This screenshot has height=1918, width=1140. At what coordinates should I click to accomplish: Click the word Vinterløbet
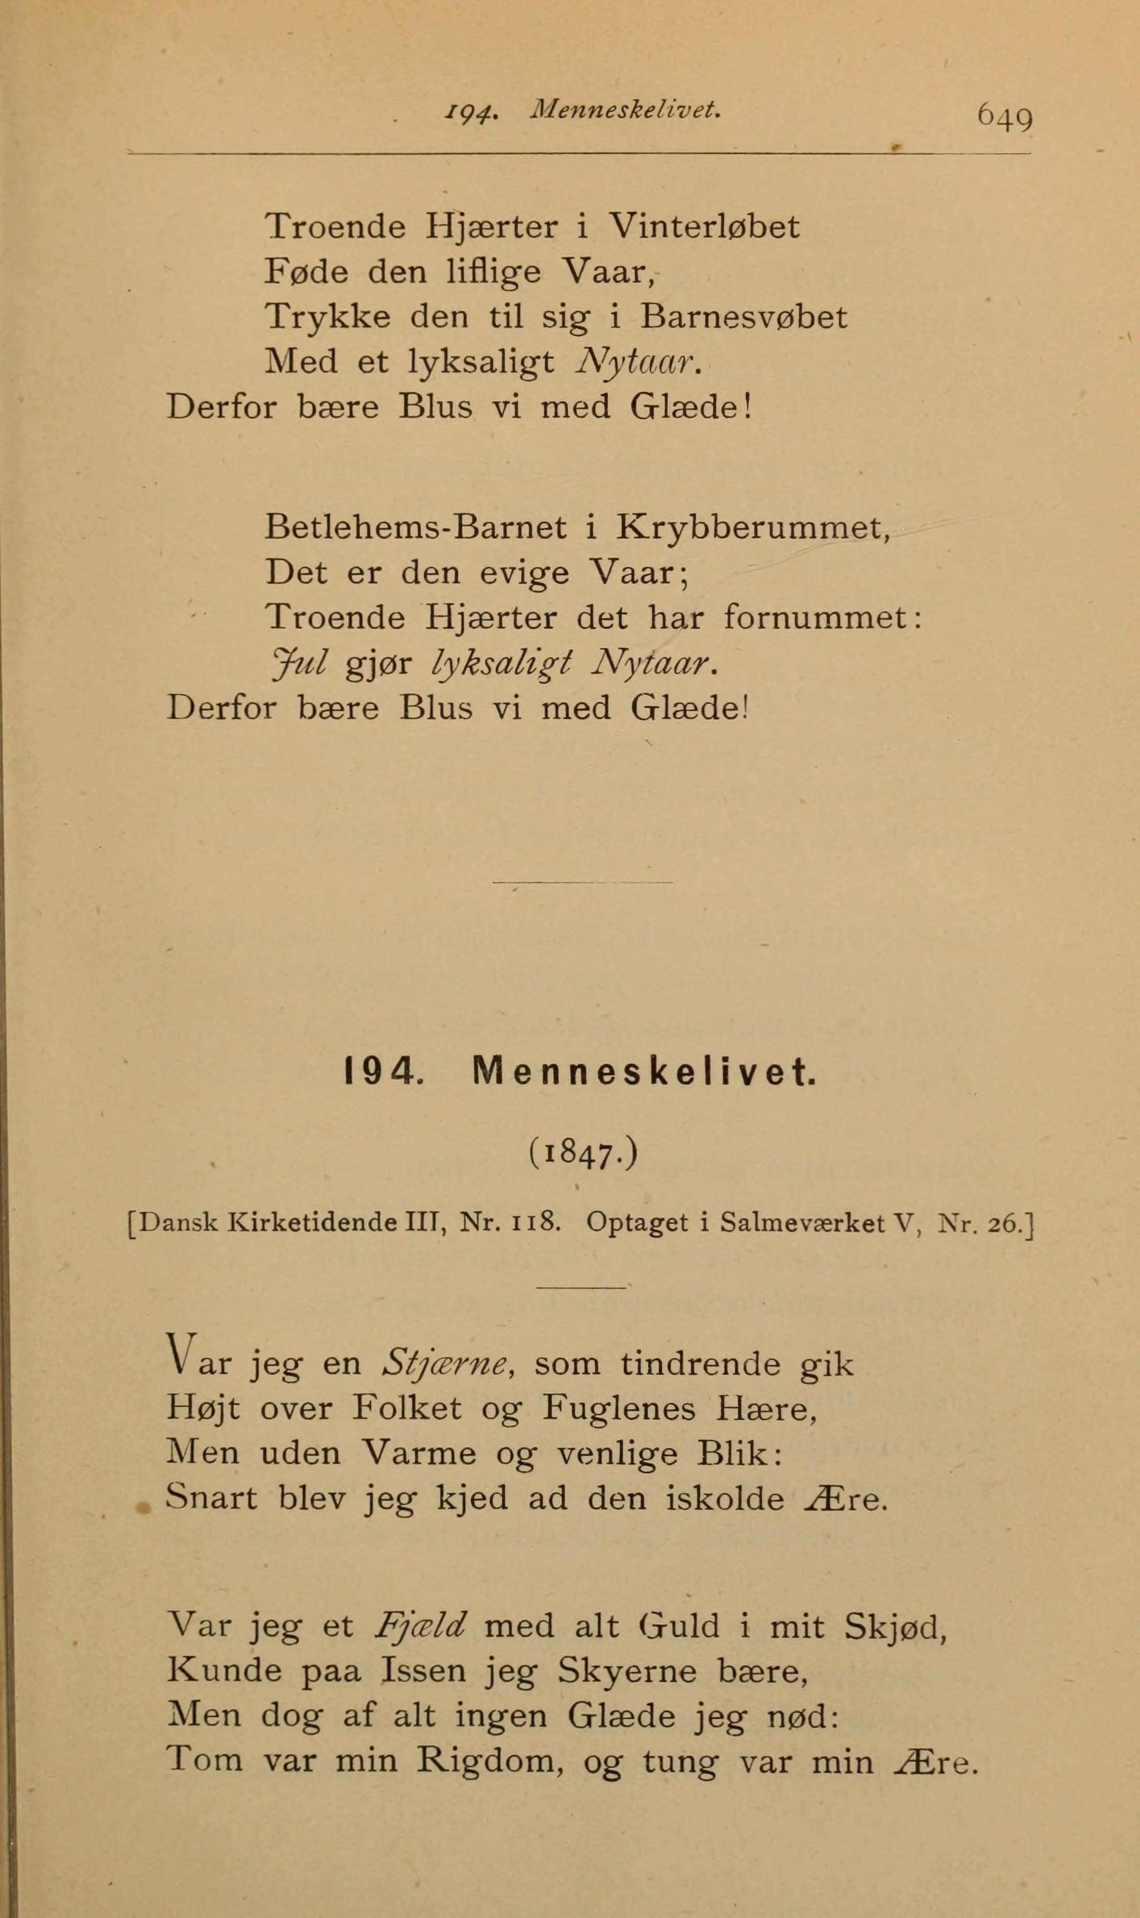click(703, 227)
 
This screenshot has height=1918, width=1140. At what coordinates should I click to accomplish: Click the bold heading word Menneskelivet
click(644, 1073)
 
